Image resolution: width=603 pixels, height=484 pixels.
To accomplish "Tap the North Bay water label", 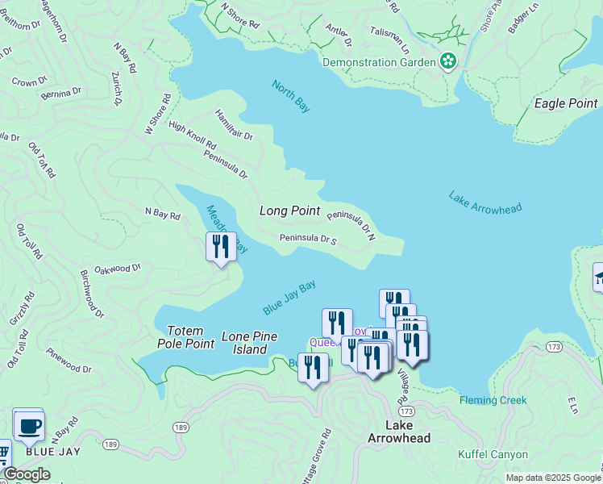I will click(x=291, y=96).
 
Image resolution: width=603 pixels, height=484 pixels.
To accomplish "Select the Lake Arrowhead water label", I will click(x=485, y=202).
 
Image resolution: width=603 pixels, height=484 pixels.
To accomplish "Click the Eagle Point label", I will click(x=566, y=104).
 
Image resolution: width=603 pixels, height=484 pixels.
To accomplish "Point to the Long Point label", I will click(x=290, y=211).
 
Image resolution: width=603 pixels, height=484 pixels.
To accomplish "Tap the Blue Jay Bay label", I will click(x=289, y=298).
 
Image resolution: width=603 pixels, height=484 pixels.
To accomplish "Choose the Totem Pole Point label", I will click(x=191, y=337).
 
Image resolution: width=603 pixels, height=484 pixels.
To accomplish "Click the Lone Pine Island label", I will click(x=249, y=343).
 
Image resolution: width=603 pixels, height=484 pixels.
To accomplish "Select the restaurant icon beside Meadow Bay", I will click(x=220, y=246).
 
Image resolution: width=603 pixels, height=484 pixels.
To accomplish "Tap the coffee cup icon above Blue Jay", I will click(x=29, y=425).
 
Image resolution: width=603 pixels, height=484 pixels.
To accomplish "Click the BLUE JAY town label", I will click(x=53, y=452).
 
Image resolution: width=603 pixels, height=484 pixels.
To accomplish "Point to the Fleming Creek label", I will click(x=493, y=400).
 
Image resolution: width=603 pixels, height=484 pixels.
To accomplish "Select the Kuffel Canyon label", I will click(x=493, y=455).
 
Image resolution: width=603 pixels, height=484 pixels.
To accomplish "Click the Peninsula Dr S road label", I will click(x=307, y=239).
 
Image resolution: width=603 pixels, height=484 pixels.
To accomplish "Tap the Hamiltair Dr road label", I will click(x=234, y=126).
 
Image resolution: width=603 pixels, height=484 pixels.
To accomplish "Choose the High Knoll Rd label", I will click(x=192, y=135).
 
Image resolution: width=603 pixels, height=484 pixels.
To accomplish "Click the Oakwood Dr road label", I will click(x=118, y=269).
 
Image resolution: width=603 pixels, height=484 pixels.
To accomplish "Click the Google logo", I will click(x=27, y=474).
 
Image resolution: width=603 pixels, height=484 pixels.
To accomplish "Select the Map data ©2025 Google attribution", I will click(x=552, y=478).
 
